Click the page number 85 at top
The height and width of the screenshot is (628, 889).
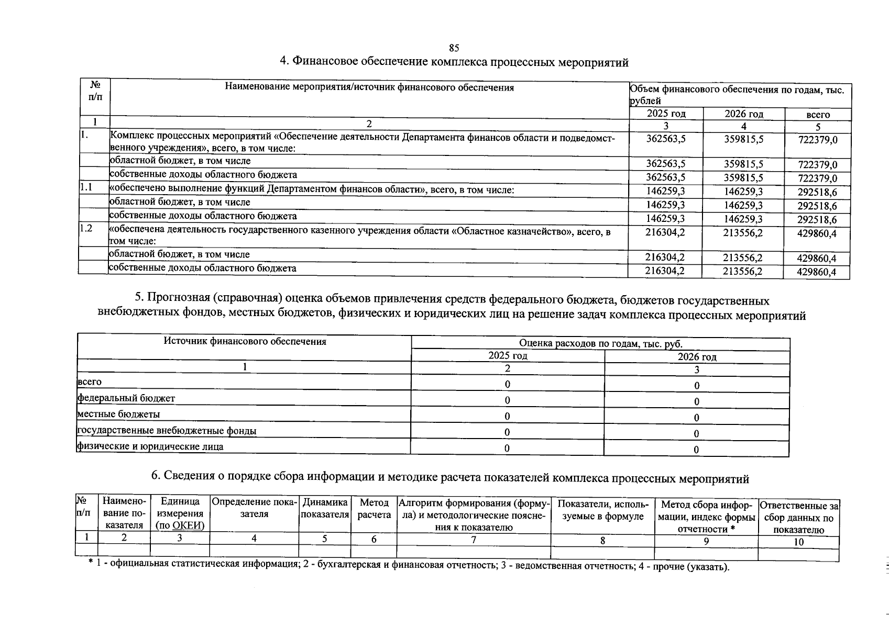454,48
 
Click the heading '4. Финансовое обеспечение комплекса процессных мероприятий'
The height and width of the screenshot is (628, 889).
454,62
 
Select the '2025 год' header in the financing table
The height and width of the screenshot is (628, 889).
666,114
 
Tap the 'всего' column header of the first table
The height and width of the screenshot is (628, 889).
818,115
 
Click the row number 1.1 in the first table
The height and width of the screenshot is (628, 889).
86,189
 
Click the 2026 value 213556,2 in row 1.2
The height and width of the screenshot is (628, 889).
743,233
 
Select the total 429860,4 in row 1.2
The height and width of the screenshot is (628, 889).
817,233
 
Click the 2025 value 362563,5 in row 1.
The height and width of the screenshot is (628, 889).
665,139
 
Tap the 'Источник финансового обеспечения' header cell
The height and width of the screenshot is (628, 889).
245,342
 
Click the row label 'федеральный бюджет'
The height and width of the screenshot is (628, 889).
126,398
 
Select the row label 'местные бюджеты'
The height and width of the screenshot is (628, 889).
118,414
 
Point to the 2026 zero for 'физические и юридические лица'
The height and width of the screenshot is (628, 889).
696,450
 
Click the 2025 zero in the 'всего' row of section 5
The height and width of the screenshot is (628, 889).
507,385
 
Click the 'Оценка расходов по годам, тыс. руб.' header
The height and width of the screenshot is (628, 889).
600,343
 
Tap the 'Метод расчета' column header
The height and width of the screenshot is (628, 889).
374,509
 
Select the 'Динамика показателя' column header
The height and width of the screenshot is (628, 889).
325,509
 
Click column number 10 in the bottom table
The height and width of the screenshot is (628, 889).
798,542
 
